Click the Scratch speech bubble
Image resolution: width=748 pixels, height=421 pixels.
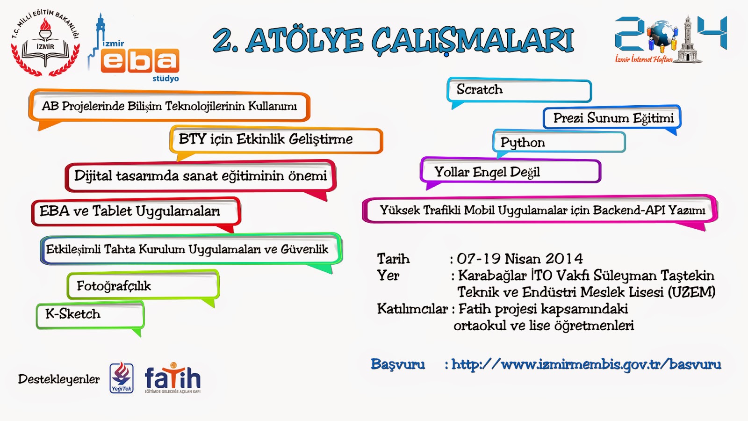click(x=519, y=90)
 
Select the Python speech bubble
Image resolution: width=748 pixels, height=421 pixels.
click(x=559, y=142)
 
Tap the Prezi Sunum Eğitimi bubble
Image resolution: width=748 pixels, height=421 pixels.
click(x=612, y=117)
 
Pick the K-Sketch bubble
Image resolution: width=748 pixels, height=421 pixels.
click(x=90, y=315)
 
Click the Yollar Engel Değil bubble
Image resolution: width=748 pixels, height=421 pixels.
click(x=511, y=171)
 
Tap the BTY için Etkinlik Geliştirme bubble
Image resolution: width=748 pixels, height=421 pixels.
click(x=276, y=140)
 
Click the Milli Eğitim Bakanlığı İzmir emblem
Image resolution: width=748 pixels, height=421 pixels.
click(x=45, y=43)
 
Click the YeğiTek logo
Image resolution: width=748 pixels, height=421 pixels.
click(x=122, y=378)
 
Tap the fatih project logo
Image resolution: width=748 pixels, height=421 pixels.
click(x=173, y=378)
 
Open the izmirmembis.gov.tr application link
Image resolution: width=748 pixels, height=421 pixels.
click(x=586, y=364)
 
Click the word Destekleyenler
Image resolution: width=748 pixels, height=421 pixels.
click(x=59, y=379)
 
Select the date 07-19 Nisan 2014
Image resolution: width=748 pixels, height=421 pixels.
click(x=519, y=259)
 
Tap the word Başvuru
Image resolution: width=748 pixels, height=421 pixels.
click(x=398, y=364)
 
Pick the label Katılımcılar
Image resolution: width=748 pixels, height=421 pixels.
click(x=412, y=309)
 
